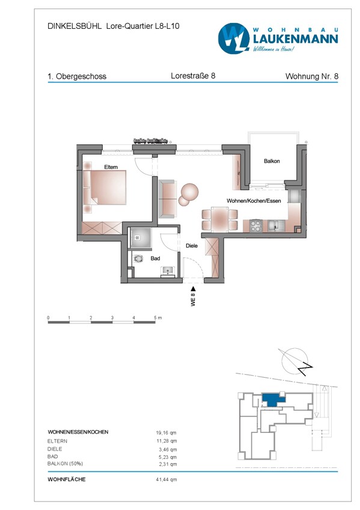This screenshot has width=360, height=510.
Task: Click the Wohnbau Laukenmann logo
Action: (x=278, y=38)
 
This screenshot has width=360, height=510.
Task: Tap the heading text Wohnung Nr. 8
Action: (x=311, y=76)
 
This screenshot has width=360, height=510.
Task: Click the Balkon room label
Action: (x=272, y=161)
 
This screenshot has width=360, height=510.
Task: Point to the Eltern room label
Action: (x=111, y=167)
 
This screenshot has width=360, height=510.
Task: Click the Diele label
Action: (x=192, y=245)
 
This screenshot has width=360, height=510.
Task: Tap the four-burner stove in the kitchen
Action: (x=255, y=226)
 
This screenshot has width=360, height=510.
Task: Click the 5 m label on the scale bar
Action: (x=157, y=317)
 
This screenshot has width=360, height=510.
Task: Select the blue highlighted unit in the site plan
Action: (x=272, y=399)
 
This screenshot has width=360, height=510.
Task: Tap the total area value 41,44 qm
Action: (x=166, y=479)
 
